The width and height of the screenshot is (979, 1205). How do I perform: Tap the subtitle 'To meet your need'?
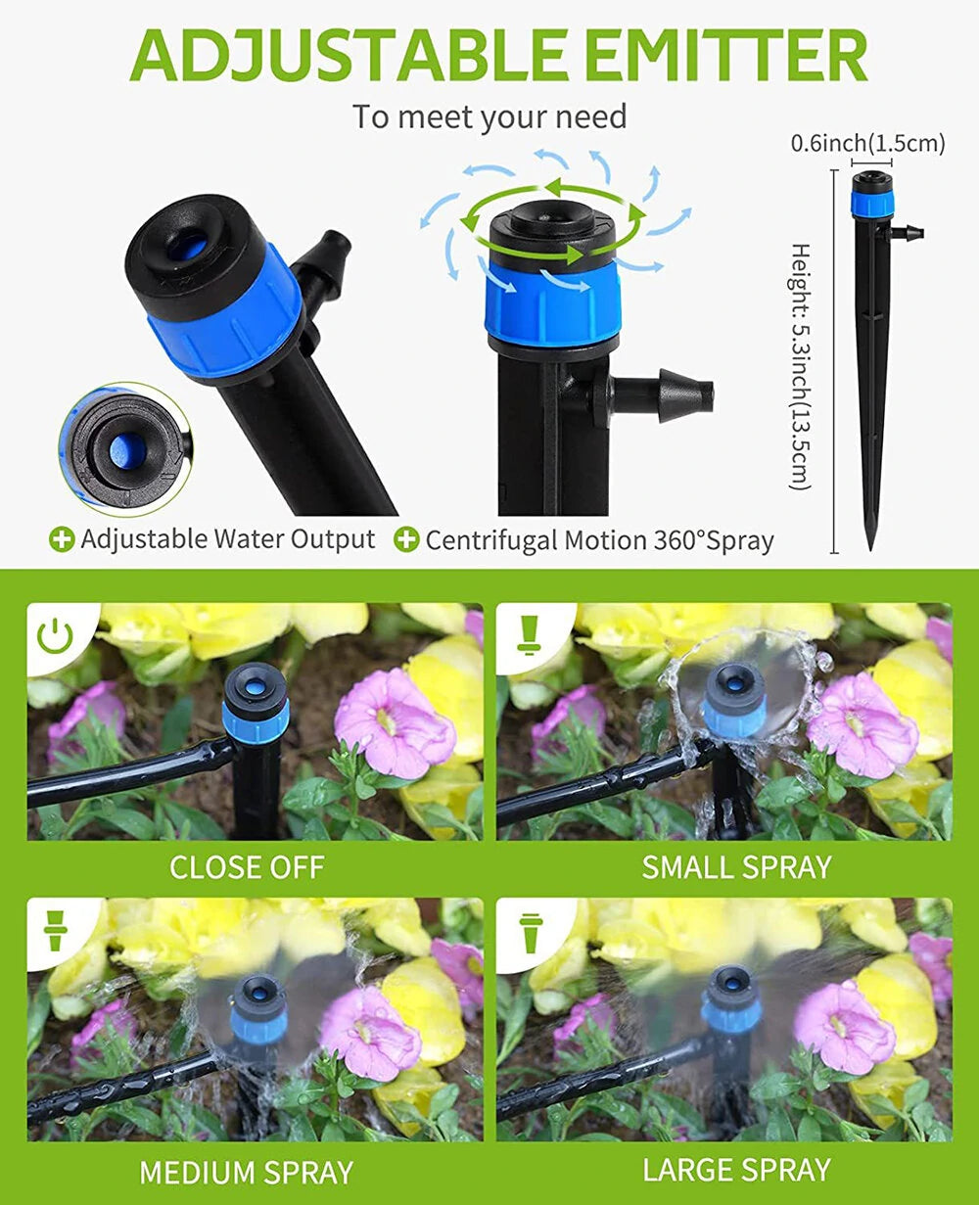[x=489, y=117]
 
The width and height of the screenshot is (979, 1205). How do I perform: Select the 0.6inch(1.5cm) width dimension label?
[x=867, y=144]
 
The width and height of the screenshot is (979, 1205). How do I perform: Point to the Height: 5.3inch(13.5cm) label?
[x=801, y=367]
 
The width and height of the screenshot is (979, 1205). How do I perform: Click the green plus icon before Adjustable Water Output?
[x=63, y=539]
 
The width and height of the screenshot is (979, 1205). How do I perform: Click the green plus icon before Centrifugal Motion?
[x=407, y=539]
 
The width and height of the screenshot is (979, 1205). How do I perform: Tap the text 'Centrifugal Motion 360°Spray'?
[x=599, y=540]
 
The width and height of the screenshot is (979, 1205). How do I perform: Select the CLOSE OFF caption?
[x=247, y=867]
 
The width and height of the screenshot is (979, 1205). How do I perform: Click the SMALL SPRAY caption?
[x=736, y=867]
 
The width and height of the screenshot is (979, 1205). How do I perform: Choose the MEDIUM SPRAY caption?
[x=247, y=1172]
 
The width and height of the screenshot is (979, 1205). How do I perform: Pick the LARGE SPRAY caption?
[x=736, y=1170]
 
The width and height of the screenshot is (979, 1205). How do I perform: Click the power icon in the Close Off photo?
[x=55, y=636]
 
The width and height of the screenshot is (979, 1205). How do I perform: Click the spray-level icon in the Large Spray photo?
[x=530, y=932]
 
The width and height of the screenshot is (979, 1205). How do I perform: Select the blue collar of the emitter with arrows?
[x=553, y=301]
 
